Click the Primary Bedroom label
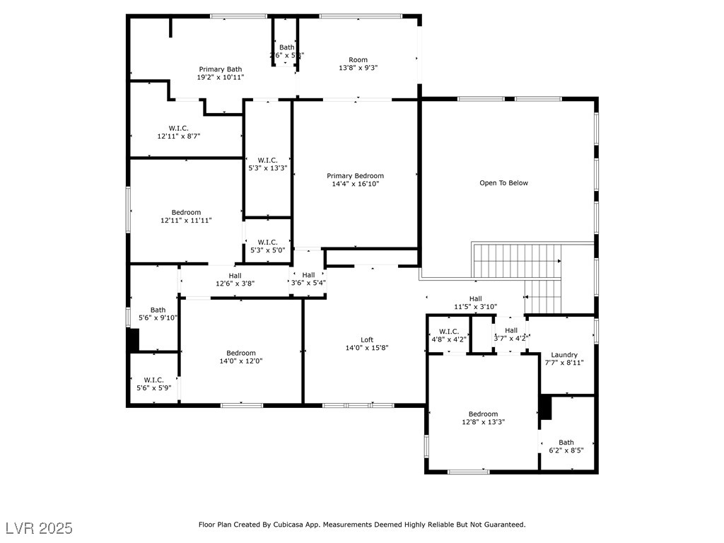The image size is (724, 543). (355, 175)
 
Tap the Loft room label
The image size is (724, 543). (366, 339)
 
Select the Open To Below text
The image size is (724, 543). (503, 183)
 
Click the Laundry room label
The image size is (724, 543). (564, 355)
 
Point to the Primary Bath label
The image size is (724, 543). (221, 69)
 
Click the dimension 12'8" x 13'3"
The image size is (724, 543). (483, 422)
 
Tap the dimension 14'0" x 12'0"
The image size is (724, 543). (241, 361)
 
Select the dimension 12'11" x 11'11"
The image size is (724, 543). (186, 221)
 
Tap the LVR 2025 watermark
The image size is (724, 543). (39, 528)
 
